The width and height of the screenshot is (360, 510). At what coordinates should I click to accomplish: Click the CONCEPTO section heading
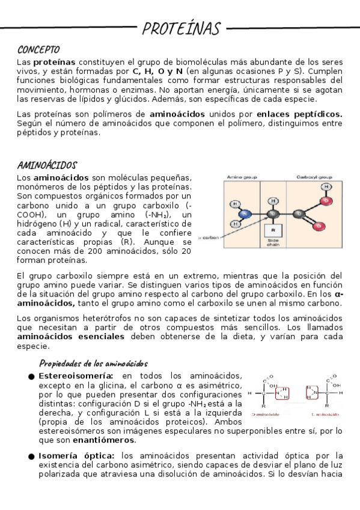click(x=38, y=49)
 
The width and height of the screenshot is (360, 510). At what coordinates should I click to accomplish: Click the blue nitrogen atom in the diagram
click(x=244, y=214)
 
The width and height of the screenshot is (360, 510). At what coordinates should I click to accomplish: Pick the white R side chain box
click(x=272, y=230)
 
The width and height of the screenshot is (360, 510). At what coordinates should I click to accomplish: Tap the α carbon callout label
click(x=210, y=238)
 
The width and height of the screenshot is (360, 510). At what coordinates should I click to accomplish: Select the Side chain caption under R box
click(x=273, y=243)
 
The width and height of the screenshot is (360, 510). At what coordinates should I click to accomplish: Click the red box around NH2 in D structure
click(x=282, y=393)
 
